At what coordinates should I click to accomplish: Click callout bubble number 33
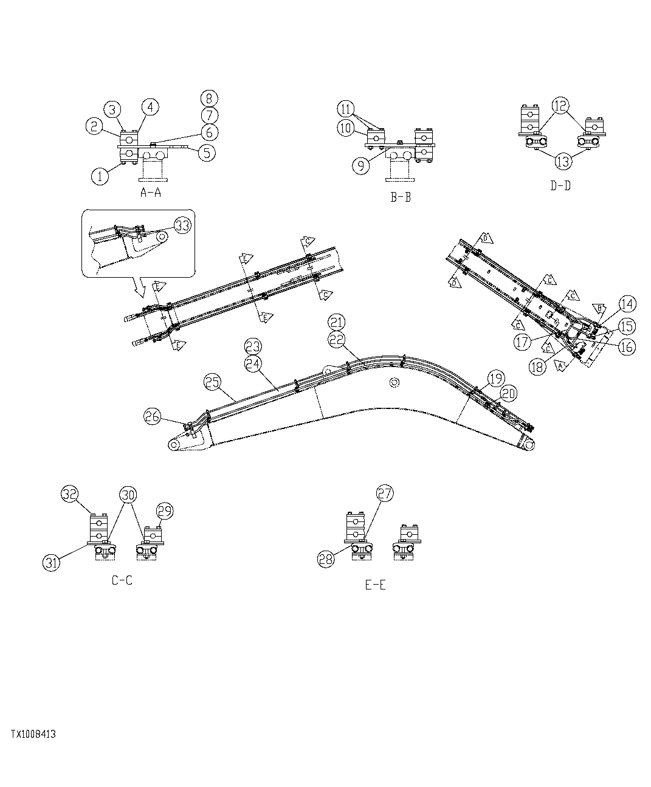182,225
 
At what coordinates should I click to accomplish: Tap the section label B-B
400,198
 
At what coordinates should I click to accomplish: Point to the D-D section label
560,186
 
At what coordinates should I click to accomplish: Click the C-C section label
122,580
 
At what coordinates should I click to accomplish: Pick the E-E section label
375,585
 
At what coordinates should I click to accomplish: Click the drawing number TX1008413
33,734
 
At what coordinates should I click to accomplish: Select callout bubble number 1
100,177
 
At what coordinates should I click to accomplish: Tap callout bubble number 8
209,98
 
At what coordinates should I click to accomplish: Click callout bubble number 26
153,416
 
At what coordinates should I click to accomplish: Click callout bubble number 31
52,563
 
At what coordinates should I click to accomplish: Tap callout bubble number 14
627,304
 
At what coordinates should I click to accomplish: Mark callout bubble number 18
537,367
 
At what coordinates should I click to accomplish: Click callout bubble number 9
361,166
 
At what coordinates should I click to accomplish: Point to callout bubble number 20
508,394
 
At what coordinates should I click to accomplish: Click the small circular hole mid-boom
393,382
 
